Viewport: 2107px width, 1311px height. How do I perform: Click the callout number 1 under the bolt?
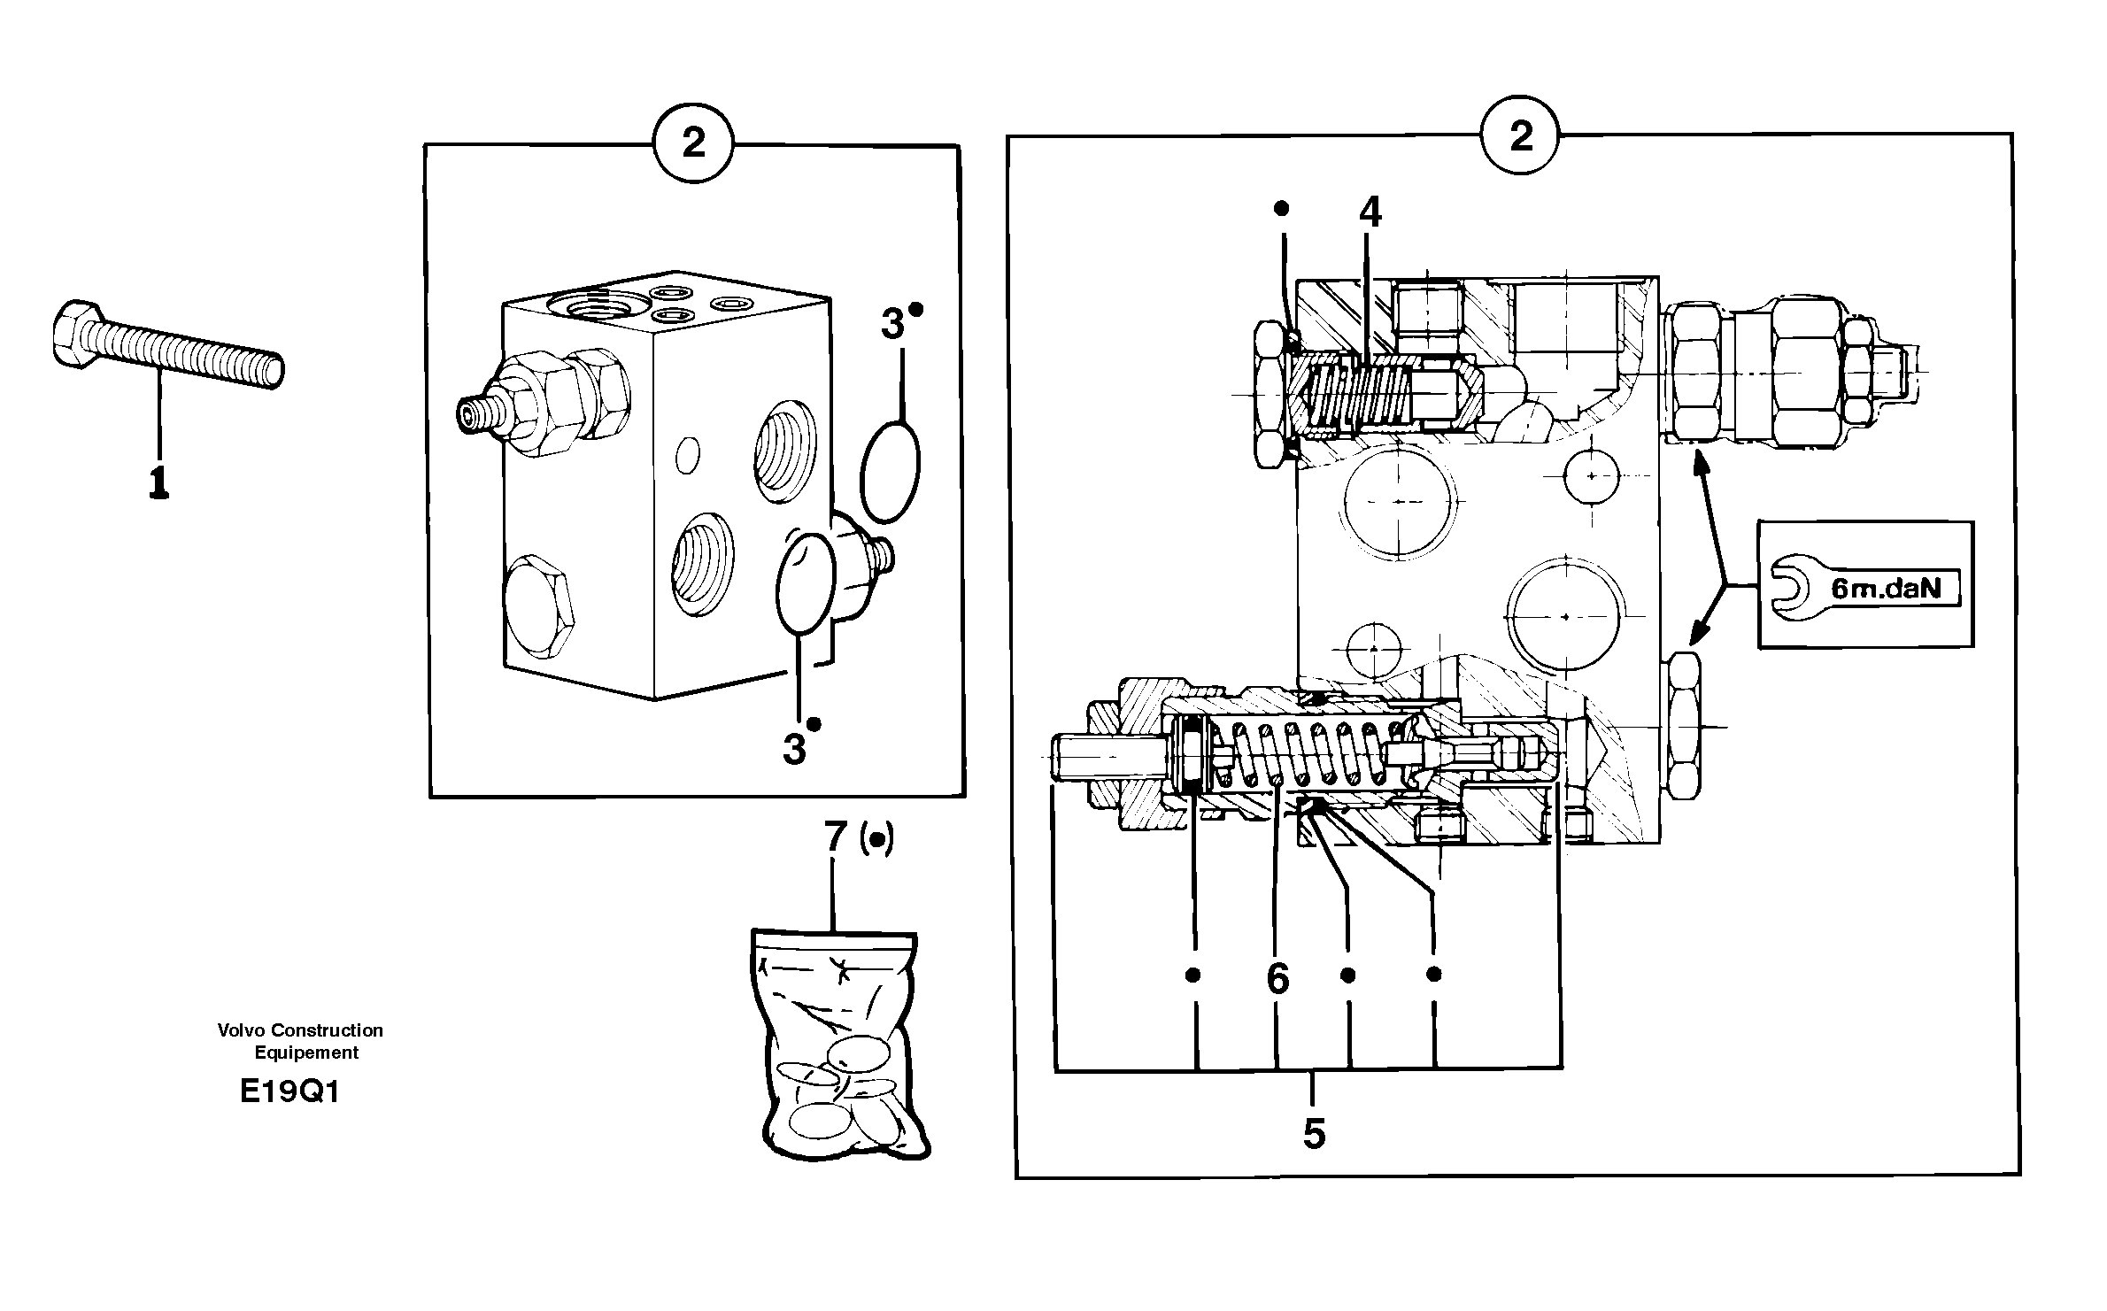point(158,482)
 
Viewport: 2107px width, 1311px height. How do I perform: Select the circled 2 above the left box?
point(693,143)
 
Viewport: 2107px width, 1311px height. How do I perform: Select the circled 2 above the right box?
point(1521,135)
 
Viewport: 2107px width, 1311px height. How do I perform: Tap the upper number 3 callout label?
point(892,326)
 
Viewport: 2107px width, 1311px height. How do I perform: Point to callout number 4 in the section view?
point(1370,213)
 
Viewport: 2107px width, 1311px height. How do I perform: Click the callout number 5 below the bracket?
point(1314,1134)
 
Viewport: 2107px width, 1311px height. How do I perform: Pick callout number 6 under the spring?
point(1277,979)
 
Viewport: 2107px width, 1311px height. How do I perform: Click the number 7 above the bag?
point(835,837)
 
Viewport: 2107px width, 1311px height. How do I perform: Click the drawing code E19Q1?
point(289,1092)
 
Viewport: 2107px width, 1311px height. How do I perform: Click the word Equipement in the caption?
point(306,1053)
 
